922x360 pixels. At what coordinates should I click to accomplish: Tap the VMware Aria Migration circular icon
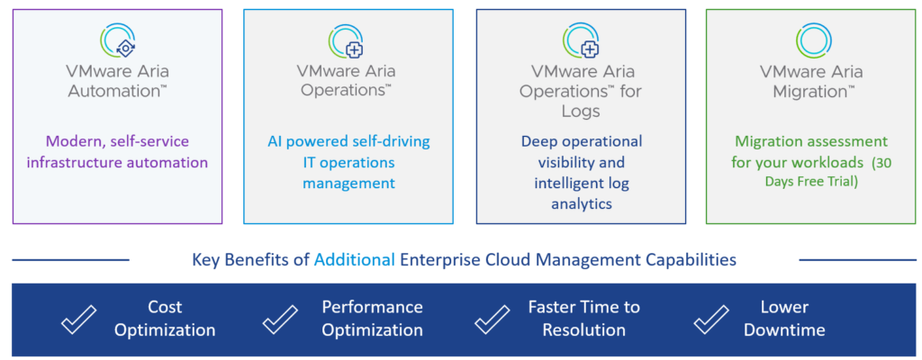pos(814,40)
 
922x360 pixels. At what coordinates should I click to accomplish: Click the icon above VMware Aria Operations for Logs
pos(582,40)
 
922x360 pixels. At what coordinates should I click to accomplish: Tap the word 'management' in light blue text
pos(348,183)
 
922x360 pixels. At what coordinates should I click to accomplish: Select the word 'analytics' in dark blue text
pos(582,202)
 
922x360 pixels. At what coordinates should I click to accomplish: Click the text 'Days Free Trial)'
pos(811,182)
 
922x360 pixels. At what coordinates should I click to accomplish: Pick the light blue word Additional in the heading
pos(354,259)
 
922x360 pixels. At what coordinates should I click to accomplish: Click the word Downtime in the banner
pos(784,329)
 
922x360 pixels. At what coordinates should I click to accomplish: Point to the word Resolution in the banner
pos(583,329)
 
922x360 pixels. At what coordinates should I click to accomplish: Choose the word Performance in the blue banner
pos(372,307)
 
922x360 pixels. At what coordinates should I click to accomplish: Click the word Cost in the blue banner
pos(165,307)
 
